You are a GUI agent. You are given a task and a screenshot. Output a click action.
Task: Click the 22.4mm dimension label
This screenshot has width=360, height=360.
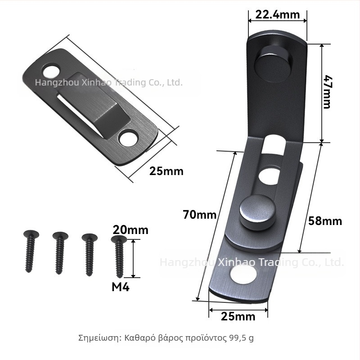coord(277,15)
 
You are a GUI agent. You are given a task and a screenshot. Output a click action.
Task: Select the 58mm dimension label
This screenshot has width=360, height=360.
coord(325,221)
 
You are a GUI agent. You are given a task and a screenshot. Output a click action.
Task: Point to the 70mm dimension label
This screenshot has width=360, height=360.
coord(199,215)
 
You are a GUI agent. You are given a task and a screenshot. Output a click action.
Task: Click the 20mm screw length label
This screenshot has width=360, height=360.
coord(130,230)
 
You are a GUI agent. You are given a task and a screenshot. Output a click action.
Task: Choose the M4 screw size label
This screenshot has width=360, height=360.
coord(121,287)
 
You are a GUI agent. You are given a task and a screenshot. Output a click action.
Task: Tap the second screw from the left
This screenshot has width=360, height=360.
coord(60,253)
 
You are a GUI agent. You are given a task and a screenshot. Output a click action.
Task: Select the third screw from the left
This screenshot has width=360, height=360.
coord(89,254)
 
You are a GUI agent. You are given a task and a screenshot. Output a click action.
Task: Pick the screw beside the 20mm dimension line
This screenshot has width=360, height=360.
coord(119,256)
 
